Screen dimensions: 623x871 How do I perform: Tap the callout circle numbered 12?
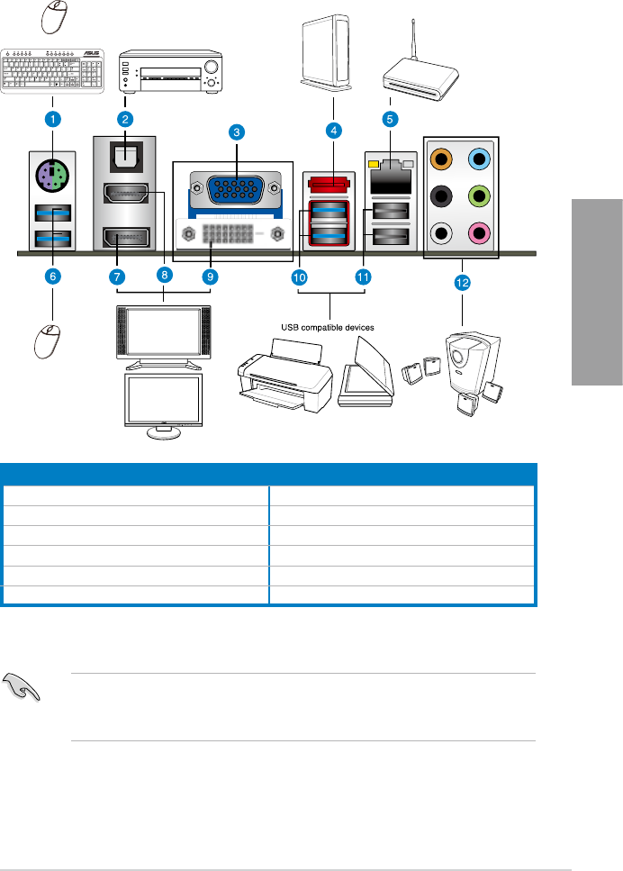point(462,283)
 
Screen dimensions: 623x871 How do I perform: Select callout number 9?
point(210,277)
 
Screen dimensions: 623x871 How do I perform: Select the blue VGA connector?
point(236,192)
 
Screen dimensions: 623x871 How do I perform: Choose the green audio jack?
point(478,196)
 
